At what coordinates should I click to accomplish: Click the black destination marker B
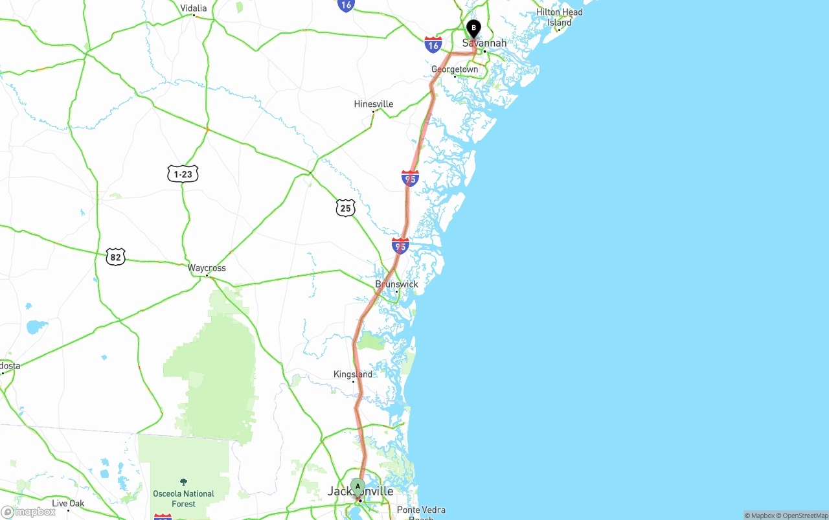point(473,28)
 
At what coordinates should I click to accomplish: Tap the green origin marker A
point(358,486)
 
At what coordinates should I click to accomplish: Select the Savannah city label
point(484,43)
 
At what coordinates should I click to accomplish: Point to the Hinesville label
point(373,104)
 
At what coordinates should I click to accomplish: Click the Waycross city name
point(207,267)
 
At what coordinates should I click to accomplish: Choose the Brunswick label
point(396,284)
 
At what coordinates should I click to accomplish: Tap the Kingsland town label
point(353,374)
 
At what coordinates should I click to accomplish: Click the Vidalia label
point(194,8)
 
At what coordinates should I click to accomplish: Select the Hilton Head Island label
point(559,17)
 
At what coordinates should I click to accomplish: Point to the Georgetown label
point(455,69)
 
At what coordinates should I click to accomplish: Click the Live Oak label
point(68,503)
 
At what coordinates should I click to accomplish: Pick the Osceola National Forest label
point(183,498)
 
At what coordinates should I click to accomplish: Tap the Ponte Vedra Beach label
point(421,512)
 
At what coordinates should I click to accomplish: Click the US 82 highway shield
point(116,256)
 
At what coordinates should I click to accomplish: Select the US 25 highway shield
point(346,208)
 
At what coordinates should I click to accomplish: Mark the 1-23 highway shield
point(183,174)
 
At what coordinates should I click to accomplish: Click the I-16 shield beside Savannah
point(433,45)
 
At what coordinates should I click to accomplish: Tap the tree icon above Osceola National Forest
point(183,482)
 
